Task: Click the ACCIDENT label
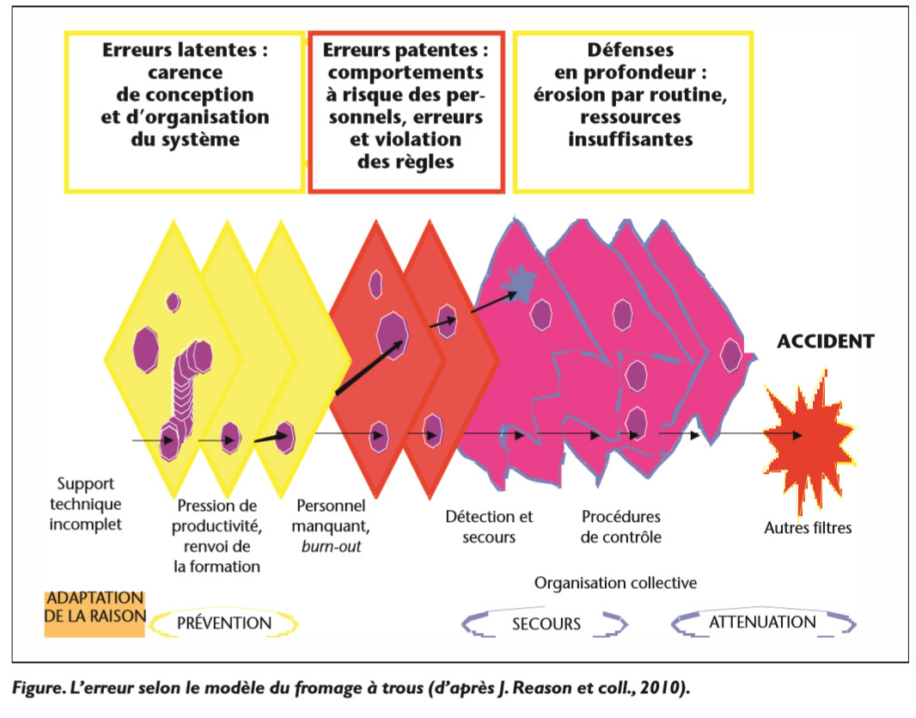(x=825, y=341)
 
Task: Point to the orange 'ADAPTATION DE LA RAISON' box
(x=95, y=612)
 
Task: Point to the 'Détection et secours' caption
(x=489, y=526)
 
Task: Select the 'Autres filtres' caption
(x=808, y=527)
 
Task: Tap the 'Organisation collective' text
(x=615, y=583)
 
